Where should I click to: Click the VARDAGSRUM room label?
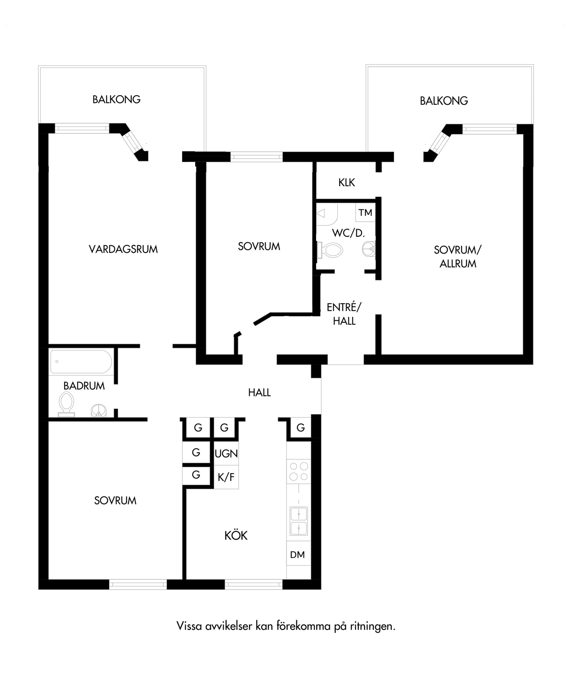click(123, 249)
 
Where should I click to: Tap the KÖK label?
click(236, 535)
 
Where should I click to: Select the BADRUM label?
click(84, 386)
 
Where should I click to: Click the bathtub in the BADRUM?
click(81, 361)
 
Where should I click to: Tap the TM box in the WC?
click(365, 212)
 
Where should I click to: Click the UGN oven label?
click(226, 454)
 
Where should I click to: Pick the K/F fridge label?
click(226, 477)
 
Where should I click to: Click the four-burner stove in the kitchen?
click(298, 471)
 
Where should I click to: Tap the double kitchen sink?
click(298, 521)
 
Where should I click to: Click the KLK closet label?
click(347, 182)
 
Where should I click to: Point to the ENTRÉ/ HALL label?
click(344, 314)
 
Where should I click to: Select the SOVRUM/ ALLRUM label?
click(458, 257)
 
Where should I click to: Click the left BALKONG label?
click(116, 99)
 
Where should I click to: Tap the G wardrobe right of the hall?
click(301, 427)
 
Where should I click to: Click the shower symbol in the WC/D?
click(327, 214)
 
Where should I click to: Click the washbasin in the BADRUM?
click(99, 411)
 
